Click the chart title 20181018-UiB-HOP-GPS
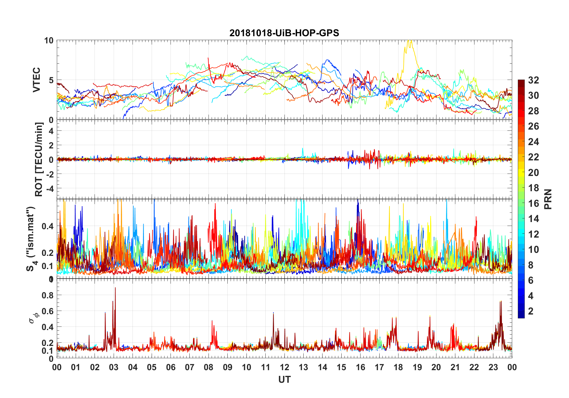284,33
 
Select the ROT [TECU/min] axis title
39,159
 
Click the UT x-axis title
284,379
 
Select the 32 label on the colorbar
533,80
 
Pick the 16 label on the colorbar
533,203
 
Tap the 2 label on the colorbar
531,311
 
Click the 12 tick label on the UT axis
284,367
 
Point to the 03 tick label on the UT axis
114,367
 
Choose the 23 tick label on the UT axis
493,367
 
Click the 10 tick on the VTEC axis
49,41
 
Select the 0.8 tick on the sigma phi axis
48,295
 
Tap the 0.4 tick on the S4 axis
48,226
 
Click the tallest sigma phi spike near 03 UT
115,288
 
